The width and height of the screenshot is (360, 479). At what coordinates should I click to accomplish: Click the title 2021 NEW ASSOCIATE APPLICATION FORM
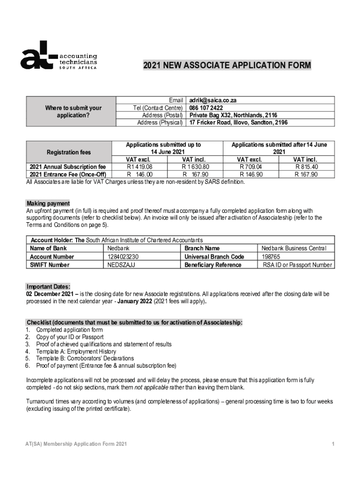pyautogui.click(x=227, y=65)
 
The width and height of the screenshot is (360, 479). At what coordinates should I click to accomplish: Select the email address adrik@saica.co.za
pyautogui.click(x=213, y=100)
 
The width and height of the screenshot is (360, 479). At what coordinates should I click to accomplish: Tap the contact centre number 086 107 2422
pyautogui.click(x=206, y=108)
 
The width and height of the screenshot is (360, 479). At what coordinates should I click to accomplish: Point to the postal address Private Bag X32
pyautogui.click(x=233, y=115)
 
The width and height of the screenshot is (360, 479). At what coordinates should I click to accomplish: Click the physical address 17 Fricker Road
pyautogui.click(x=238, y=123)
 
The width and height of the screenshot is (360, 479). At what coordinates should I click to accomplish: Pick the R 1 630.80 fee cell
pyautogui.click(x=195, y=167)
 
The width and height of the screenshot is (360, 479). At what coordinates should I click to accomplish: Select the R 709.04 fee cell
pyautogui.click(x=251, y=167)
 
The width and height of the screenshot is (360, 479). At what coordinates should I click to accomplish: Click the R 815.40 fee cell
pyautogui.click(x=306, y=167)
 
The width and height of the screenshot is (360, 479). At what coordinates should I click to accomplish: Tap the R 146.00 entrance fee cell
pyautogui.click(x=140, y=174)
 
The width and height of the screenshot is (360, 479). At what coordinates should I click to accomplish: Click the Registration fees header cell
pyautogui.click(x=69, y=152)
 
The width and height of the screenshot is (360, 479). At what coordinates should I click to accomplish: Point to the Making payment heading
pyautogui.click(x=48, y=203)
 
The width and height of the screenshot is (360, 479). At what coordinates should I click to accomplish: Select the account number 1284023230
pyautogui.click(x=123, y=257)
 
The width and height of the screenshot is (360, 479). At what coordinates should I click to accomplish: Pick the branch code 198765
pyautogui.click(x=271, y=257)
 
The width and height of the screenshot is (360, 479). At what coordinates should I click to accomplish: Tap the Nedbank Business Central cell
pyautogui.click(x=294, y=248)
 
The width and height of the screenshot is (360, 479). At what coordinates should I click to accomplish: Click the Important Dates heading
pyautogui.click(x=49, y=287)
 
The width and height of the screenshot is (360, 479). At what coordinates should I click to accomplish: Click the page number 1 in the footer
pyautogui.click(x=333, y=444)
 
